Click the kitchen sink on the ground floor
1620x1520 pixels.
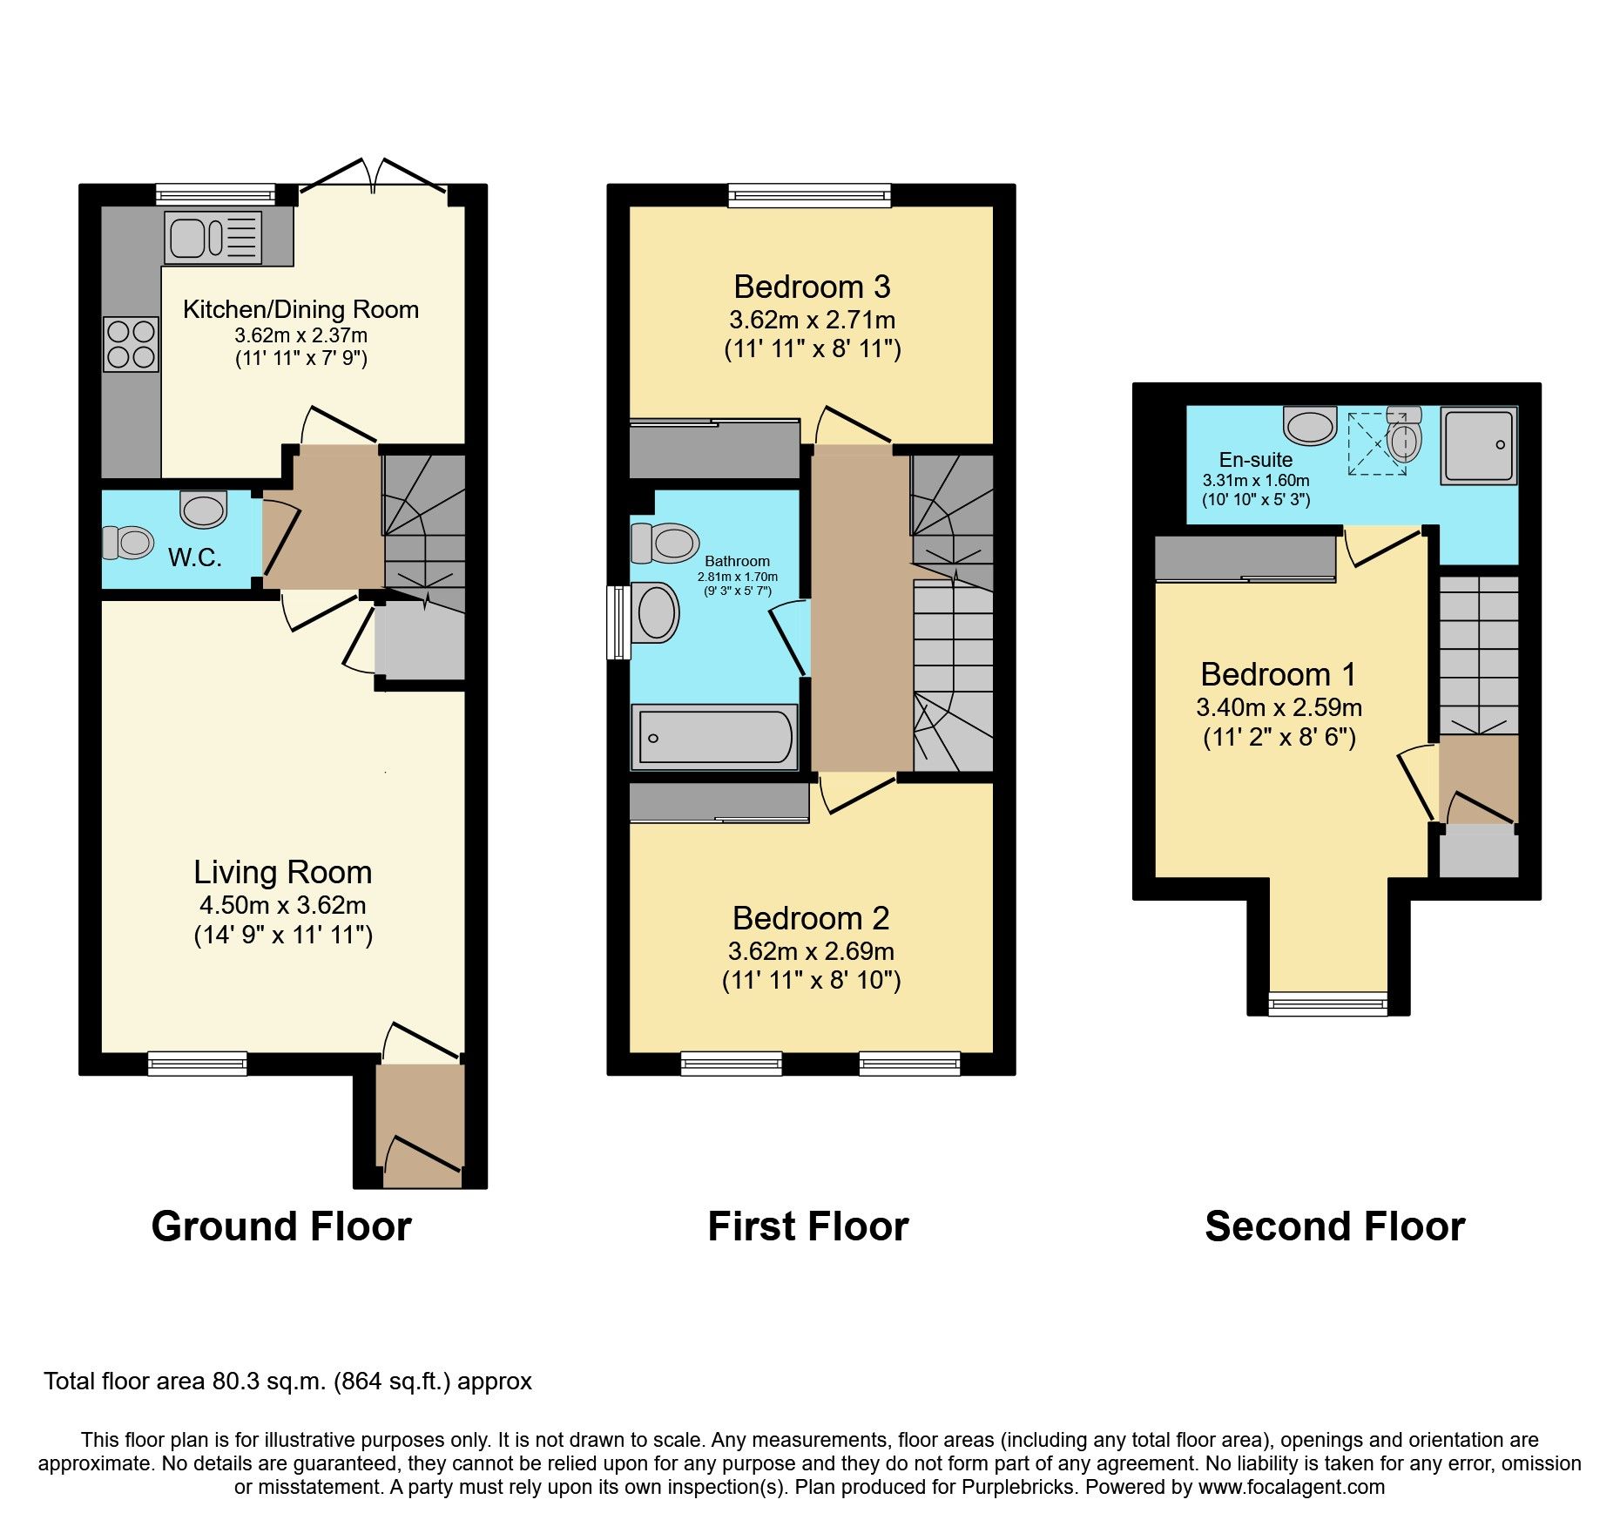[213, 237]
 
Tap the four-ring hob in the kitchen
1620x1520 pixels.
[132, 344]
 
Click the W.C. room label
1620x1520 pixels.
[194, 557]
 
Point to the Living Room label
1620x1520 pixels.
[282, 872]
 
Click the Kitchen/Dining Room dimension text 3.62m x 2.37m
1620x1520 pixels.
[300, 335]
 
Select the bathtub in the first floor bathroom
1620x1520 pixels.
[714, 738]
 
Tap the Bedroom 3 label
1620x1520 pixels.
[812, 287]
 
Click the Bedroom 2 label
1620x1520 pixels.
[810, 918]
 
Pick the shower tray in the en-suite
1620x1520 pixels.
[1479, 445]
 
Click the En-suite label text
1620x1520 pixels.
[1255, 459]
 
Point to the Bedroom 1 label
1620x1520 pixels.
[1278, 674]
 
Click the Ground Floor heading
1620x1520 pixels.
[281, 1226]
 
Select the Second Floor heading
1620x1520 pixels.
[1334, 1226]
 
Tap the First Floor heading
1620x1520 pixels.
[807, 1226]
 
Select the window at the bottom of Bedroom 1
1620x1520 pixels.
[1327, 1004]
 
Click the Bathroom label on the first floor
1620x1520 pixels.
[737, 561]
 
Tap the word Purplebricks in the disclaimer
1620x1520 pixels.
[1017, 1487]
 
